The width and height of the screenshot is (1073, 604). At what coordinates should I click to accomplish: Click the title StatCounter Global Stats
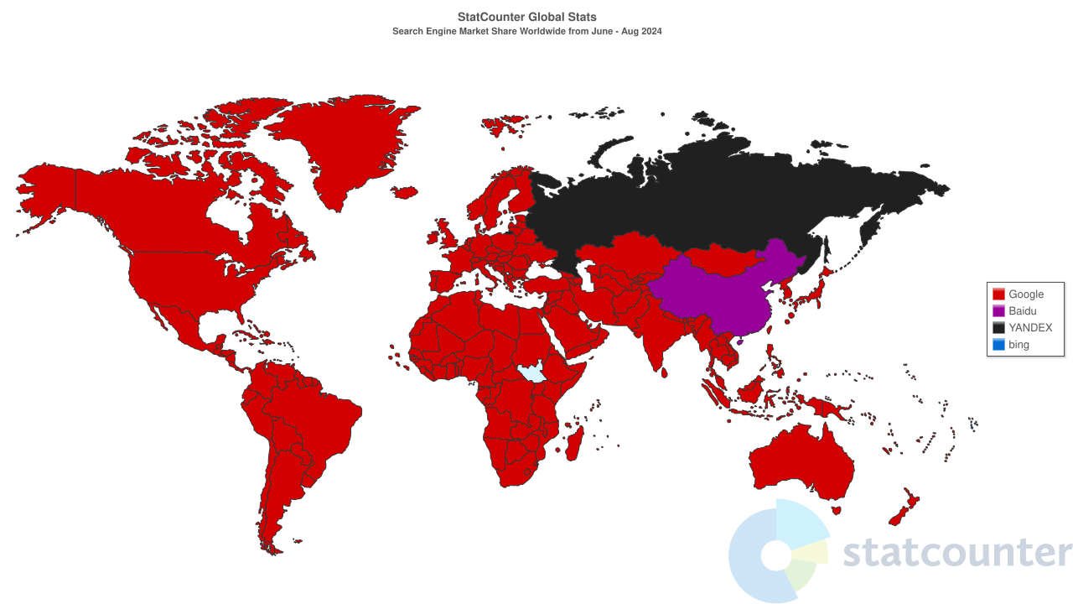coord(527,17)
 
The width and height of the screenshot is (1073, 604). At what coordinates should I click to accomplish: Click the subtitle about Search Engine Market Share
coord(527,31)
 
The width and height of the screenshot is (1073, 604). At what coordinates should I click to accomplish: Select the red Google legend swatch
coord(998,294)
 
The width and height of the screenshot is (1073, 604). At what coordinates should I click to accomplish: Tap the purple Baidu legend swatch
coord(998,311)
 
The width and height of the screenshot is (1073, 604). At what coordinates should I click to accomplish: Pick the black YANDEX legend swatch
coord(998,328)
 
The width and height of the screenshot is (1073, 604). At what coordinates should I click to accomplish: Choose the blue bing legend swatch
coord(998,345)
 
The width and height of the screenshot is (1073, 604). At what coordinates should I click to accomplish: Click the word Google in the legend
coord(1026,294)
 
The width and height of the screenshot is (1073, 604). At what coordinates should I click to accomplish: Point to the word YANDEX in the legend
coord(1030,328)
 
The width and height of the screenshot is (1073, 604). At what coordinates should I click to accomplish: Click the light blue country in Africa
coord(531,372)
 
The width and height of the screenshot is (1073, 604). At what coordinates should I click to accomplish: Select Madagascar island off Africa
coord(575,442)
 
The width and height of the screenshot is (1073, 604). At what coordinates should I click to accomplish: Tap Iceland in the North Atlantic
coord(404,193)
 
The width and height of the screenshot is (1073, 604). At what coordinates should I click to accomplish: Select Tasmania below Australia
coord(835,509)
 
